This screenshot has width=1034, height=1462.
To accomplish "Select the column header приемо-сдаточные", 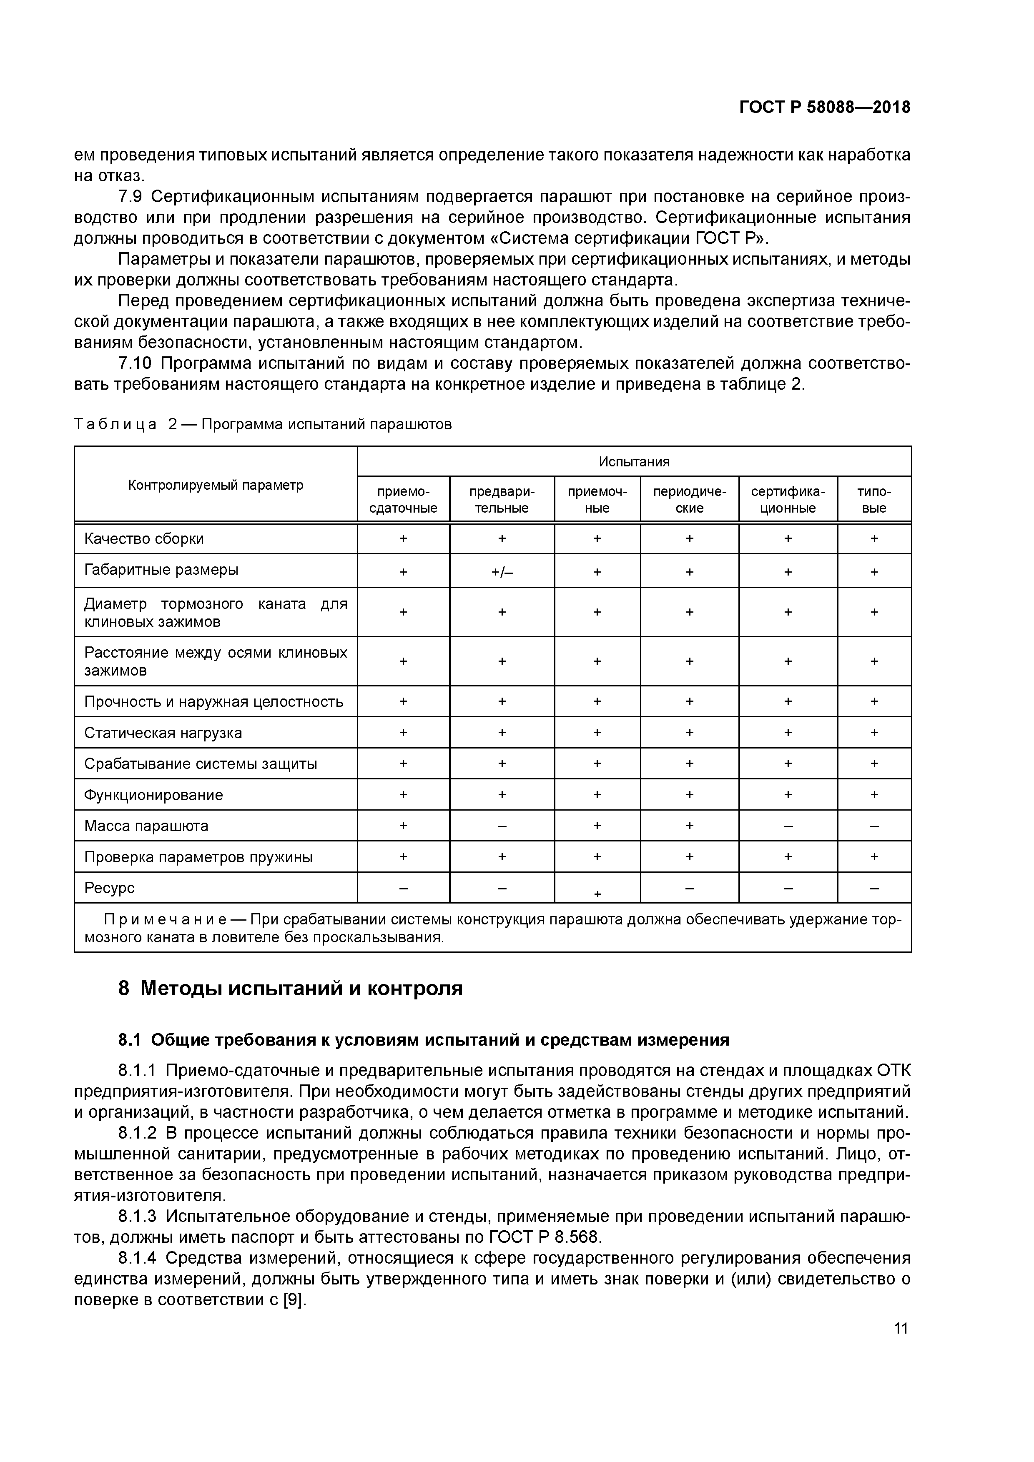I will [x=403, y=500].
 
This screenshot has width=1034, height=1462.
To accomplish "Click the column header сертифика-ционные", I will [x=788, y=500].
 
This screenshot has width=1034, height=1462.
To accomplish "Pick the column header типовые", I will [x=873, y=500].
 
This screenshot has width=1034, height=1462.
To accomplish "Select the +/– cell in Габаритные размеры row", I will [x=502, y=572].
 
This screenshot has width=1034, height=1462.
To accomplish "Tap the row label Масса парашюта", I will [x=146, y=826].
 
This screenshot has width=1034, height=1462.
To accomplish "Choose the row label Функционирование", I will [x=153, y=795].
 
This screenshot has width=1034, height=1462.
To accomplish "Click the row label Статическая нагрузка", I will [x=163, y=733].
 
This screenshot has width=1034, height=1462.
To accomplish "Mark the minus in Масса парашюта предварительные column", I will [x=502, y=826].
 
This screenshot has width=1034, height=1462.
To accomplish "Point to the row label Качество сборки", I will [x=144, y=539].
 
